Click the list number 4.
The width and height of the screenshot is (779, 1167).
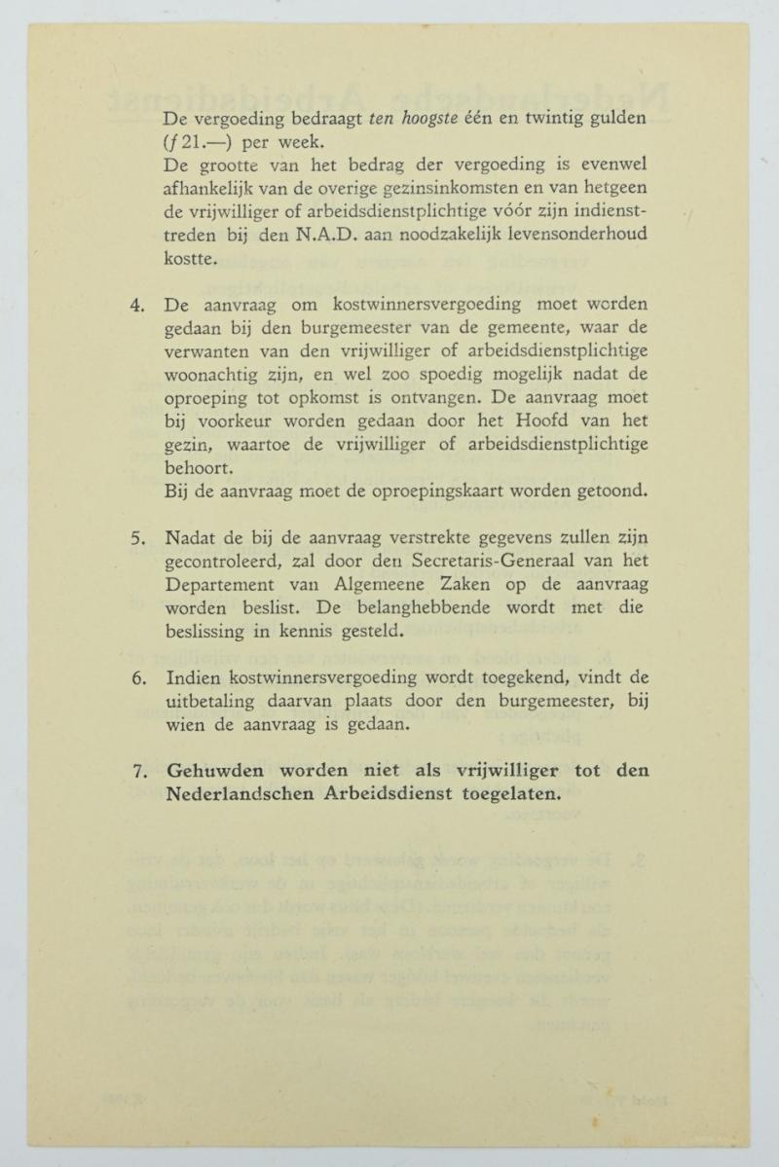[137, 306]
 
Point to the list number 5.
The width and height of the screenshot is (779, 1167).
[137, 537]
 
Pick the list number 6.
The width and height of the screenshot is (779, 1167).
[137, 678]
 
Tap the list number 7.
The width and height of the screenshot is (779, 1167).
[137, 771]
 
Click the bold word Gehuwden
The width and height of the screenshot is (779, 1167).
[213, 771]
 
